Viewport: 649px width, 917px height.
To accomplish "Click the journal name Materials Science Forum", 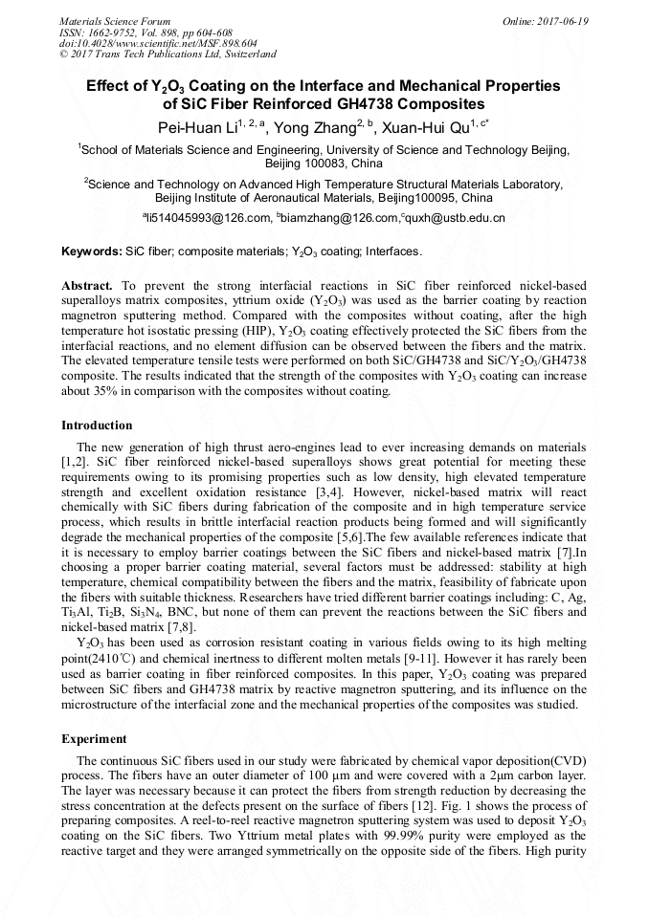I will [x=115, y=21].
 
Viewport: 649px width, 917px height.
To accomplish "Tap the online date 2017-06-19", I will [x=563, y=21].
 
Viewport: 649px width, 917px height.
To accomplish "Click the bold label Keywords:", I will [x=91, y=252].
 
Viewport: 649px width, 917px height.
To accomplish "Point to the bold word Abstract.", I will [x=87, y=286].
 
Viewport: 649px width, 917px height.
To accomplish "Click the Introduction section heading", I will [x=97, y=426].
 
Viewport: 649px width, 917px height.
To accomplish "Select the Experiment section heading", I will [x=94, y=739].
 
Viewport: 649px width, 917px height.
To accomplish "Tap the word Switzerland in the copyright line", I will [x=247, y=55].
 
